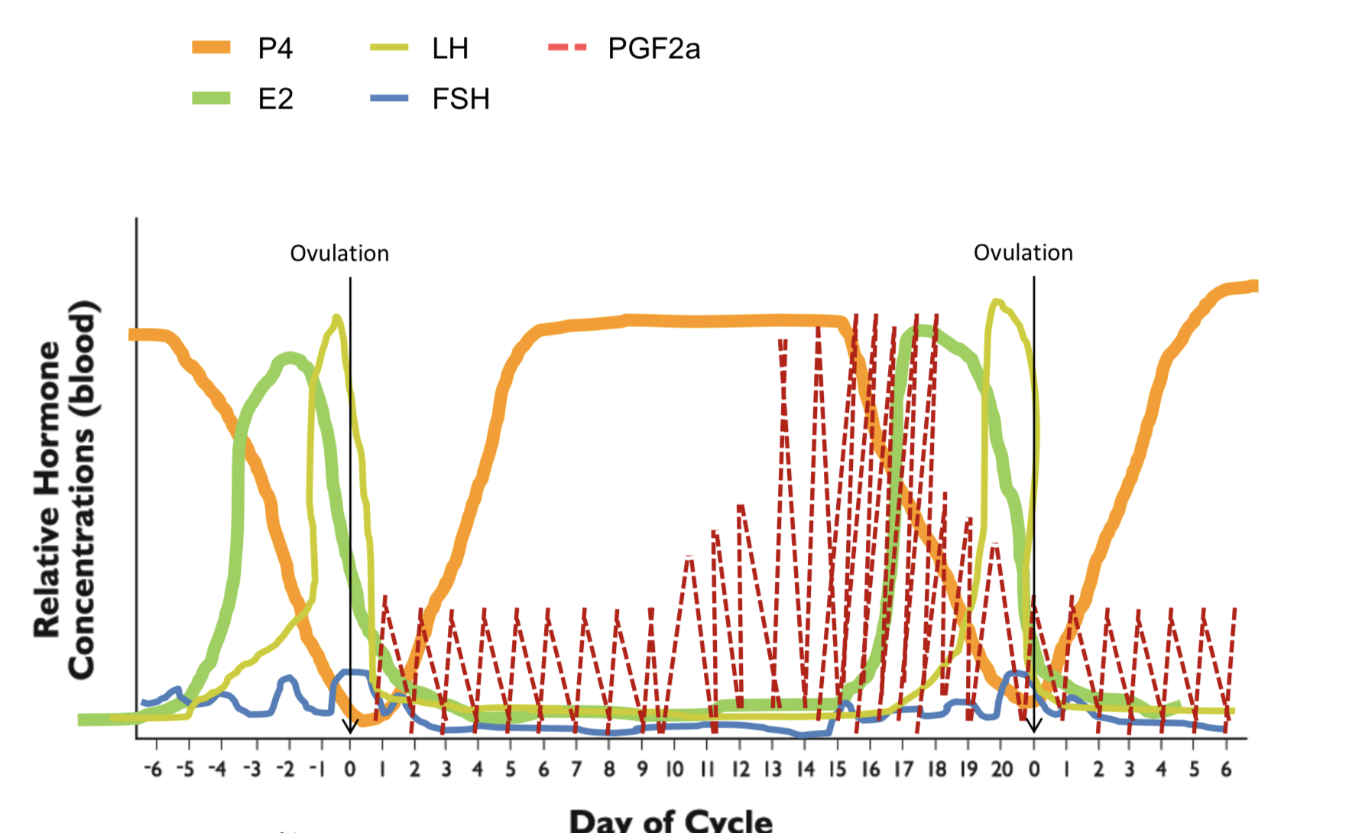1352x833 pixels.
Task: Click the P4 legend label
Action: [275, 49]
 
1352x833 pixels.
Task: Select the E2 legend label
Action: [275, 99]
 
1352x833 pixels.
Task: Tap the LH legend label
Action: [449, 49]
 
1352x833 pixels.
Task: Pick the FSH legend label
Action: [460, 99]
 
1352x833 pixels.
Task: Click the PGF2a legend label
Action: [653, 49]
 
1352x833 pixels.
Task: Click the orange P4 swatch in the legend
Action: [211, 47]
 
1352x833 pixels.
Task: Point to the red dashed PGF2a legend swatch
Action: [568, 47]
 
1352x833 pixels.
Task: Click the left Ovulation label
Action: [339, 254]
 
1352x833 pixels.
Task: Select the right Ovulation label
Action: [1023, 253]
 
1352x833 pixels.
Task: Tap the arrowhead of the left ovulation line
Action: [350, 728]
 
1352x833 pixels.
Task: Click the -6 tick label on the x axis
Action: [153, 769]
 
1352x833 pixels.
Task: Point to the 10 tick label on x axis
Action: [674, 769]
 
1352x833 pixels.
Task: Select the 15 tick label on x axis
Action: [838, 769]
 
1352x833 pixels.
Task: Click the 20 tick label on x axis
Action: [1002, 769]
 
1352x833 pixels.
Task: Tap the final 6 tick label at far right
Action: [1226, 769]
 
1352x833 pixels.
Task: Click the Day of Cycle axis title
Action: [670, 821]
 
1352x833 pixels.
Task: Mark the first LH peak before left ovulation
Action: [336, 317]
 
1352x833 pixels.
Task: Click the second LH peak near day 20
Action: [996, 303]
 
